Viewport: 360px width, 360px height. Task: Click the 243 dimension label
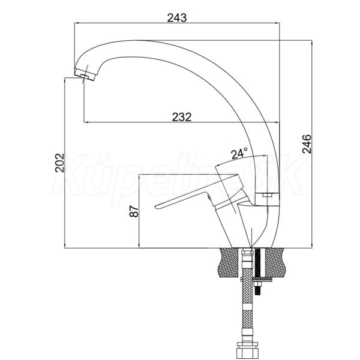[177, 17]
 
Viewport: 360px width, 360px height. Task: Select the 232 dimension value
[182, 117]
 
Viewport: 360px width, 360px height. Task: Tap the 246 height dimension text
[307, 144]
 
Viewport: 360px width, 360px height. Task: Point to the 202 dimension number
[59, 163]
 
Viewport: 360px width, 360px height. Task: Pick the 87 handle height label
[134, 211]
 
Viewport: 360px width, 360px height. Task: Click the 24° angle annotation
[239, 154]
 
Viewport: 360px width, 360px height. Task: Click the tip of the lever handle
[156, 207]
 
